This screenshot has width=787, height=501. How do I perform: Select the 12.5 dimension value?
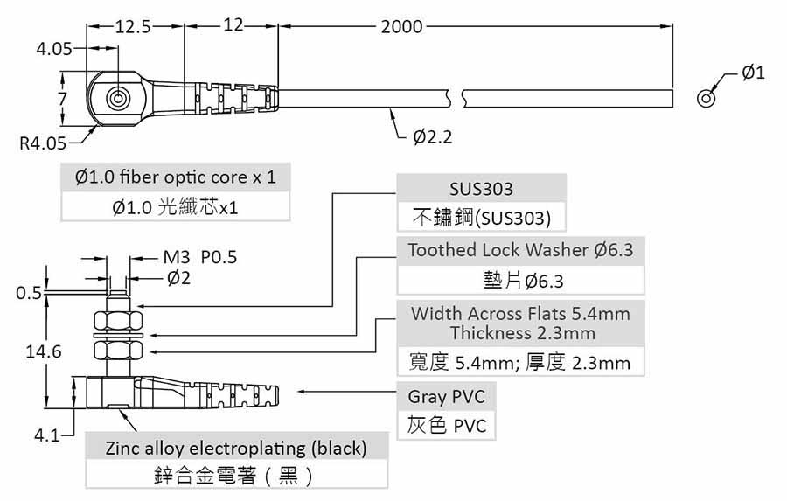(x=134, y=26)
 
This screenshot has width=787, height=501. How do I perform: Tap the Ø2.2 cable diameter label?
(x=433, y=137)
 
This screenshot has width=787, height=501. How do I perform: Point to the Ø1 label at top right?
(x=753, y=73)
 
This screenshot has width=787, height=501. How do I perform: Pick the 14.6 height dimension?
(x=44, y=351)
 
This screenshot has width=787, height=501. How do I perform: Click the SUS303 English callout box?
(x=481, y=189)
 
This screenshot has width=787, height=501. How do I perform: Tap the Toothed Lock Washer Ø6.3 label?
(x=520, y=250)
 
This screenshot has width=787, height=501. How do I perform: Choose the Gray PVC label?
(x=446, y=397)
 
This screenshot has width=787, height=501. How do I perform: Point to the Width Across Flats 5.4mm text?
(x=520, y=313)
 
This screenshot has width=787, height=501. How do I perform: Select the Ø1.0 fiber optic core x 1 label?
(x=176, y=177)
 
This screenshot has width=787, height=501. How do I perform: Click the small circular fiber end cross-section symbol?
(x=706, y=98)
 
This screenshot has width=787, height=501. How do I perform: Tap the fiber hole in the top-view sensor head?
(x=116, y=98)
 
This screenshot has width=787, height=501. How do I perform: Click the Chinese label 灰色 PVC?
(x=446, y=426)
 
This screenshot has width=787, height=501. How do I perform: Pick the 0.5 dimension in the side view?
(x=29, y=293)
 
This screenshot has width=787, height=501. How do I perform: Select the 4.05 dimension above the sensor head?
(x=54, y=49)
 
